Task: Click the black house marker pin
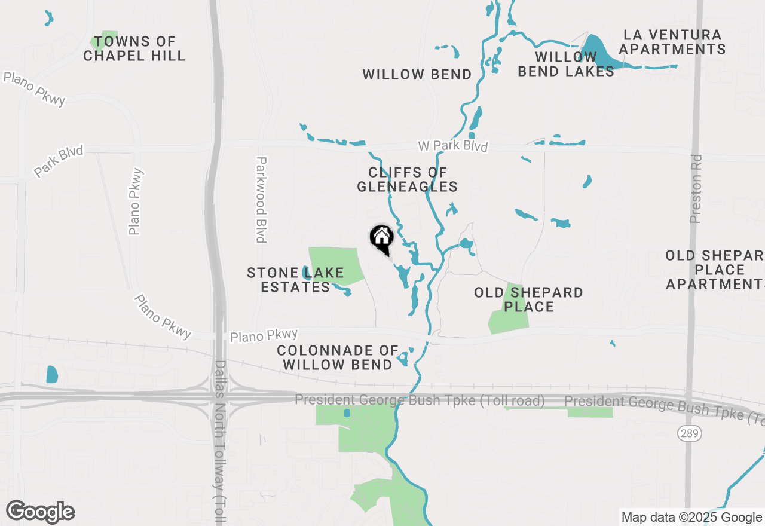coord(381,237)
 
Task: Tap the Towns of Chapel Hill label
coord(134,49)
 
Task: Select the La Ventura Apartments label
coord(672,42)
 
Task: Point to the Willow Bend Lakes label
coord(565,64)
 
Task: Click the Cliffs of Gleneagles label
coord(408,179)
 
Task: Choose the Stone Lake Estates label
coord(295,280)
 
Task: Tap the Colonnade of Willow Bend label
coord(338,357)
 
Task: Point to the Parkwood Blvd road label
coord(261,200)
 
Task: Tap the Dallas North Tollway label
coord(219,442)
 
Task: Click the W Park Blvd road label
coord(452,146)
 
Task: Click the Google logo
coord(40,512)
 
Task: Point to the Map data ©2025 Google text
coord(691,518)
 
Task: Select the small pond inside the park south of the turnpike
coord(347,413)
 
